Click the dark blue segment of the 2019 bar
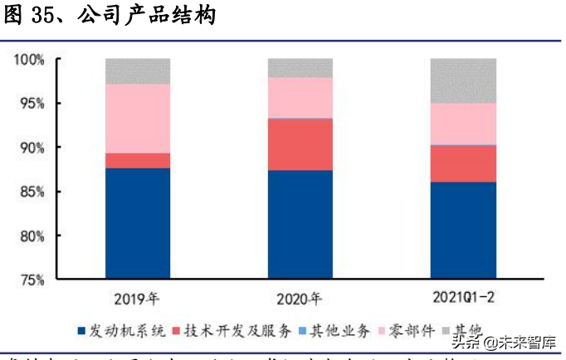[138, 222]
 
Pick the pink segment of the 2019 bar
[138, 119]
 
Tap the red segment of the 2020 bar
[300, 144]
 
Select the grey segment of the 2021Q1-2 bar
[463, 80]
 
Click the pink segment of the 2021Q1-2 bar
[463, 124]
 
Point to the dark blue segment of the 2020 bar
[300, 224]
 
